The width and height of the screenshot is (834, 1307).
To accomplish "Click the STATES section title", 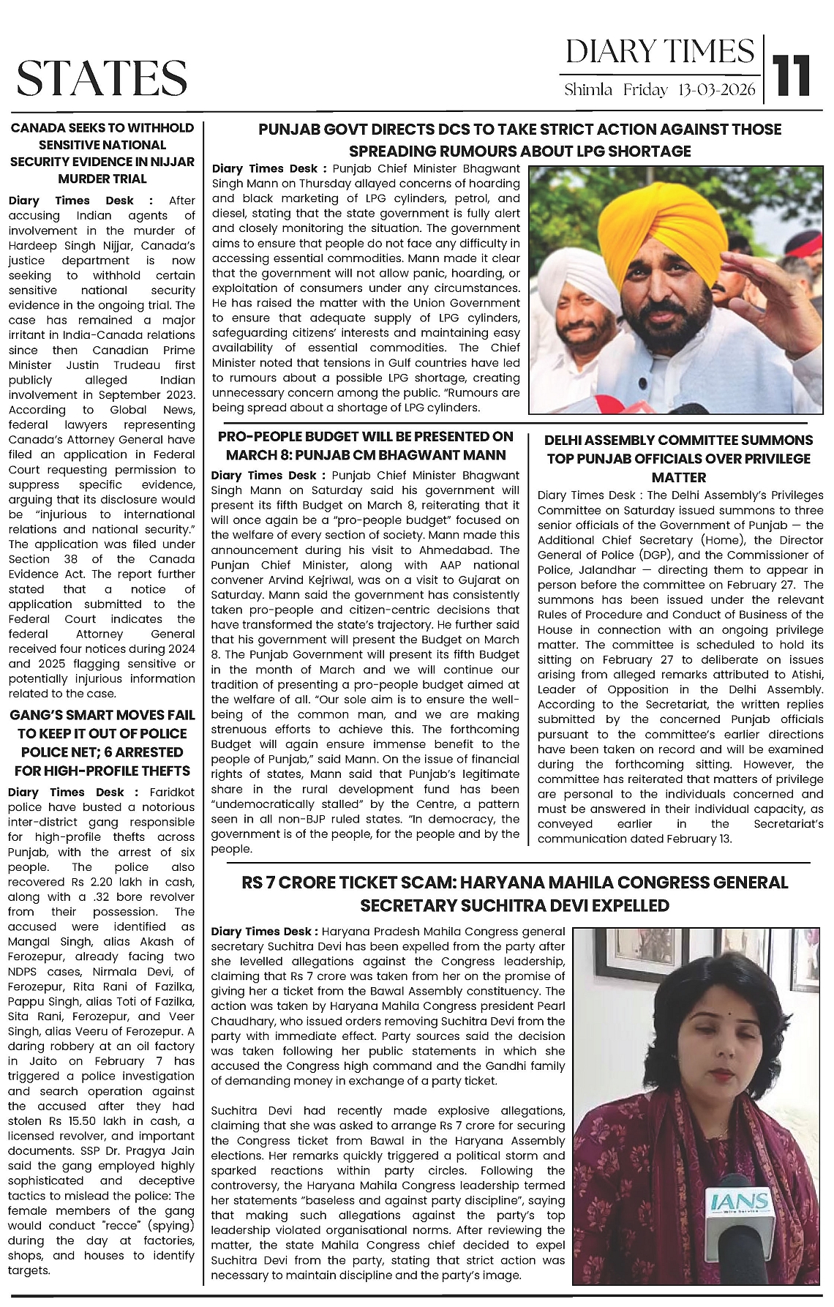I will pyautogui.click(x=102, y=78).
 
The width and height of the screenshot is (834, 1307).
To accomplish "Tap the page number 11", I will pyautogui.click(x=792, y=76).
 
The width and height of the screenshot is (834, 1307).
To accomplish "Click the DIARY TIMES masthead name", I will pyautogui.click(x=659, y=51).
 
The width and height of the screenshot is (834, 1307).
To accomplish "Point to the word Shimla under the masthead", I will pyautogui.click(x=588, y=91).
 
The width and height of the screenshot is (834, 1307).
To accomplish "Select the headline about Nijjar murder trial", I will pyautogui.click(x=102, y=153).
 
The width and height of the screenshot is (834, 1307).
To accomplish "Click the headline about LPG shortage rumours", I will pyautogui.click(x=520, y=140).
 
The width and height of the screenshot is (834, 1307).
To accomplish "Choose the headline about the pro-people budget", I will pyautogui.click(x=366, y=445).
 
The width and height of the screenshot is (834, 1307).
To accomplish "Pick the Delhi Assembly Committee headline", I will pyautogui.click(x=678, y=458).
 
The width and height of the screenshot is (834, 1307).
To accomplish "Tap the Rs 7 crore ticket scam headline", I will pyautogui.click(x=514, y=894).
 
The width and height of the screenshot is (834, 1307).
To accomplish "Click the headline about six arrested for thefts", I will pyautogui.click(x=102, y=742).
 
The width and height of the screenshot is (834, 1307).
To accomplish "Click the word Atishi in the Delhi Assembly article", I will pyautogui.click(x=805, y=674).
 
